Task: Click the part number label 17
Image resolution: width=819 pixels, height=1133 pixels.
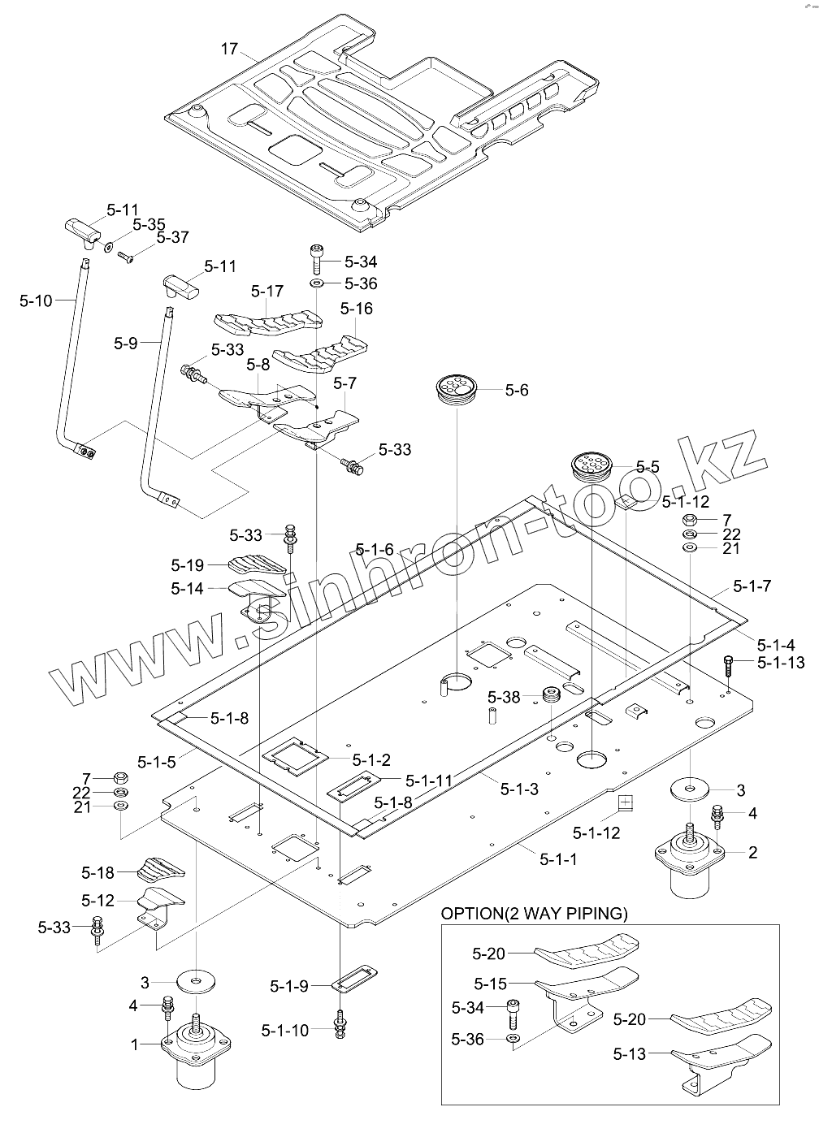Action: coord(229,49)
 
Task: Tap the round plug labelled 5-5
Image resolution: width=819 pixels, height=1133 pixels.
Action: coord(595,466)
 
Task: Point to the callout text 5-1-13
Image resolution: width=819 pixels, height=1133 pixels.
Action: coord(780,663)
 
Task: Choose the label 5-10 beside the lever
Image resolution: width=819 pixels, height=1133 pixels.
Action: coord(36,301)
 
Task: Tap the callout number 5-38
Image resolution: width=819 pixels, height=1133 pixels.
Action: coord(504,697)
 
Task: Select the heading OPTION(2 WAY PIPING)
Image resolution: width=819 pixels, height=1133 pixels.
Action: coord(534,914)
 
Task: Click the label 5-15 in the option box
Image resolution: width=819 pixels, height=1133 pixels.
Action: coord(490,984)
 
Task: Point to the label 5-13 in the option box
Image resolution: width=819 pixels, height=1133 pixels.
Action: coord(630,1054)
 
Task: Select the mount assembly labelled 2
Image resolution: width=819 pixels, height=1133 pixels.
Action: coord(689,863)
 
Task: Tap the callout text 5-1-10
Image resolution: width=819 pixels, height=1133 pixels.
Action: coord(285,1030)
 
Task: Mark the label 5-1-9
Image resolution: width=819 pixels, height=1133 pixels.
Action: coord(289,986)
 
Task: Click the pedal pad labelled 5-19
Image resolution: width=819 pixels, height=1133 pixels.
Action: coord(259,564)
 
